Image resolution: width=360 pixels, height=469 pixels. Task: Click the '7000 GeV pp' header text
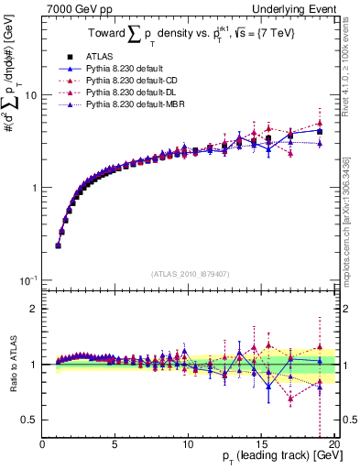pos(75,8)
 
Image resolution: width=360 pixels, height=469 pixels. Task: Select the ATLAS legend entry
pos(103,56)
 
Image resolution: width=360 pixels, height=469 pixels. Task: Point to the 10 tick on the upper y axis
pos(30,95)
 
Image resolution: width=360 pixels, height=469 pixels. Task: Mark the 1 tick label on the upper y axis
pos(33,188)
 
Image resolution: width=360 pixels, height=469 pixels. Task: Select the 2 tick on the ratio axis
pos(33,309)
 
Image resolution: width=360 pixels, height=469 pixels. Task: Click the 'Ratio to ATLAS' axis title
pos(11,365)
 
